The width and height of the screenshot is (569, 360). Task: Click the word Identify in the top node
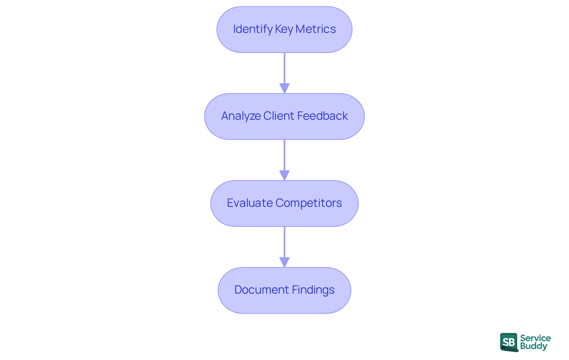253,29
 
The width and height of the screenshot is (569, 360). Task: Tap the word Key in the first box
284,29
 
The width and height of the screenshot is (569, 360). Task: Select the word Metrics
316,29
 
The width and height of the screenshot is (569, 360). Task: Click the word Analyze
241,116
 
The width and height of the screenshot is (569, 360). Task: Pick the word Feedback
322,116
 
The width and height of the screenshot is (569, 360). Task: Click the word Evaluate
250,203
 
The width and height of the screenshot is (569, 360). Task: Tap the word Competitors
309,203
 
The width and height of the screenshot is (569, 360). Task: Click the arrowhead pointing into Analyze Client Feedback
284,88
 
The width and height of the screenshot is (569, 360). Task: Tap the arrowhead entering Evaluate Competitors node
284,175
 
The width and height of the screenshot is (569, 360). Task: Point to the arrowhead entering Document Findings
284,262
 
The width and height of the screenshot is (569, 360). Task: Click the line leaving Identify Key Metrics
284,68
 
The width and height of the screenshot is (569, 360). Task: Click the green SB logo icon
509,342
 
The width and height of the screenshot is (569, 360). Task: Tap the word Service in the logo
535,338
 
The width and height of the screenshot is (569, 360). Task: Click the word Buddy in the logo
533,346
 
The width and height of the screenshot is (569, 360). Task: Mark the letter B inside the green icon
512,342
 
